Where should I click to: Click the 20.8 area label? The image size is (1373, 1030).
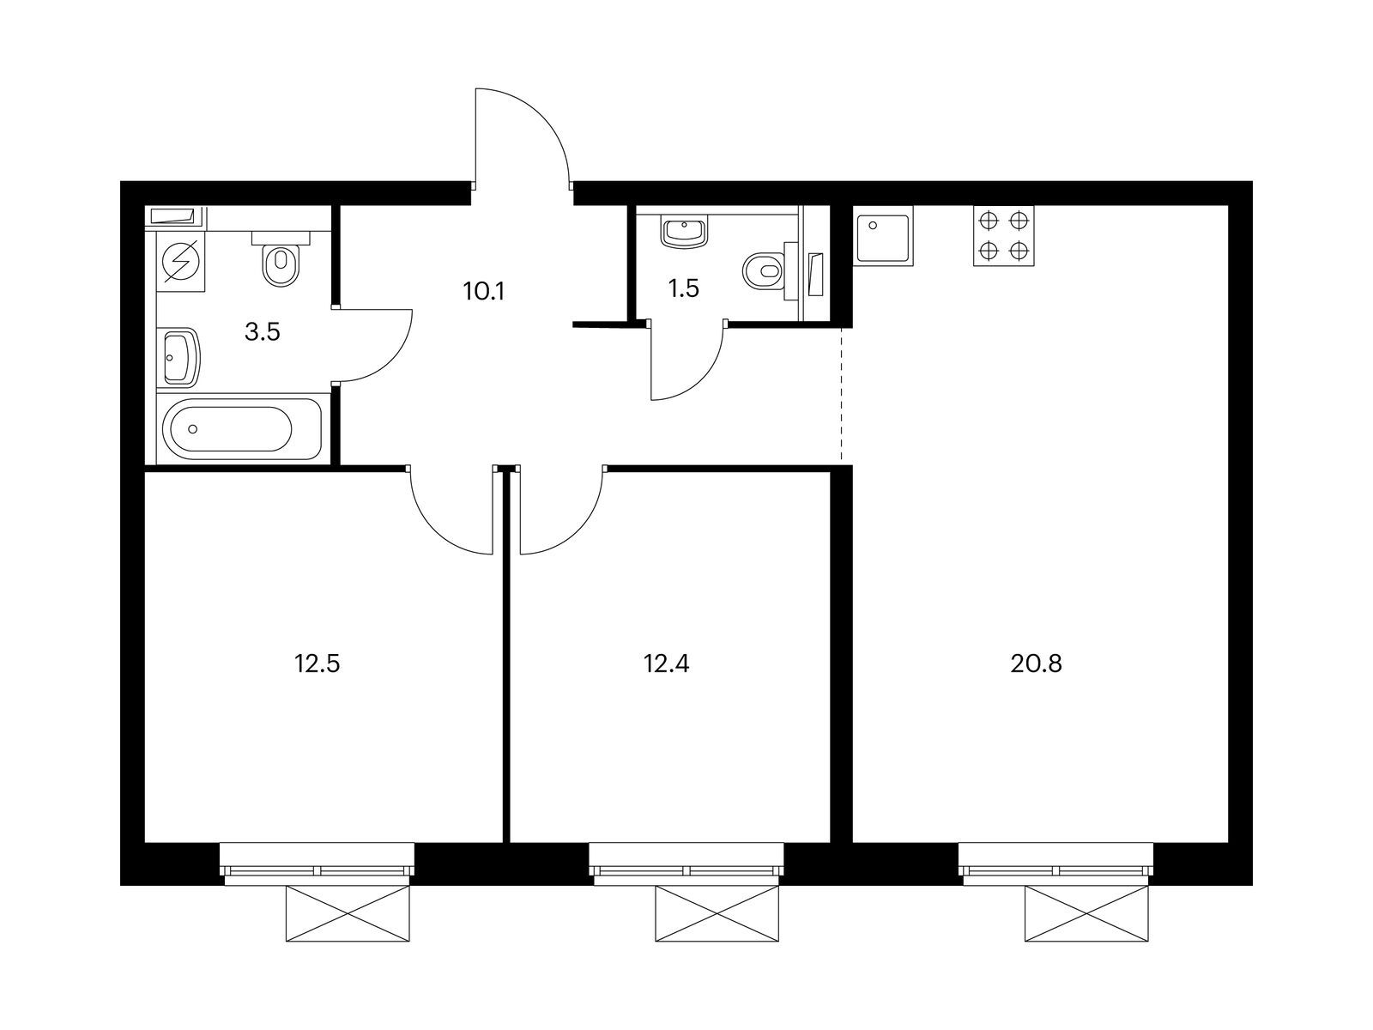pyautogui.click(x=1036, y=663)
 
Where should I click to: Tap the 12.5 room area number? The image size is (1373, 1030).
pyautogui.click(x=318, y=663)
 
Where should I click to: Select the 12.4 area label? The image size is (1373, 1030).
pyautogui.click(x=666, y=663)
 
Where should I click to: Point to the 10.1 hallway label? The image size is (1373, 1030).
pyautogui.click(x=483, y=291)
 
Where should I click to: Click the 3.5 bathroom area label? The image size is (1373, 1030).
pyautogui.click(x=262, y=332)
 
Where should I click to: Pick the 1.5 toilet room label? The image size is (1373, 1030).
pyautogui.click(x=683, y=288)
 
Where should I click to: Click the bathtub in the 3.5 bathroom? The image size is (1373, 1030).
pyautogui.click(x=242, y=428)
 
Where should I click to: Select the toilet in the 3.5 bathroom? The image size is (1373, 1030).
pyautogui.click(x=281, y=258)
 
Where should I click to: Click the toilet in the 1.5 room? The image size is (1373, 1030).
pyautogui.click(x=769, y=271)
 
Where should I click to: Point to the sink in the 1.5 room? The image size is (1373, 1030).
pyautogui.click(x=684, y=233)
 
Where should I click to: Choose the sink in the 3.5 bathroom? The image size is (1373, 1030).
pyautogui.click(x=181, y=357)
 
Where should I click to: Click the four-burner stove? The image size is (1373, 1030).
pyautogui.click(x=1003, y=236)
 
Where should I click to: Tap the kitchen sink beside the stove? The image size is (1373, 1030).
pyautogui.click(x=883, y=236)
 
